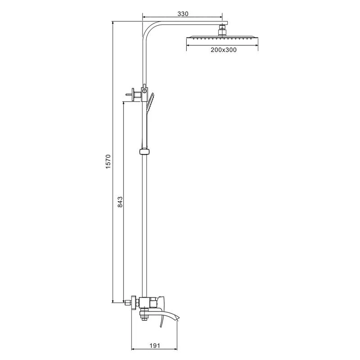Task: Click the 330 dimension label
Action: click(182, 14)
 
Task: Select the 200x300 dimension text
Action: click(224, 50)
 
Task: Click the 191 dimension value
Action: click(154, 346)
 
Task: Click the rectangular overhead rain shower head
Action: click(222, 38)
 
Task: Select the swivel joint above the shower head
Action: click(222, 30)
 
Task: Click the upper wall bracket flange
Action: click(135, 94)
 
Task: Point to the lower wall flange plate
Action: click(133, 302)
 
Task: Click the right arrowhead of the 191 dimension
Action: click(176, 349)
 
